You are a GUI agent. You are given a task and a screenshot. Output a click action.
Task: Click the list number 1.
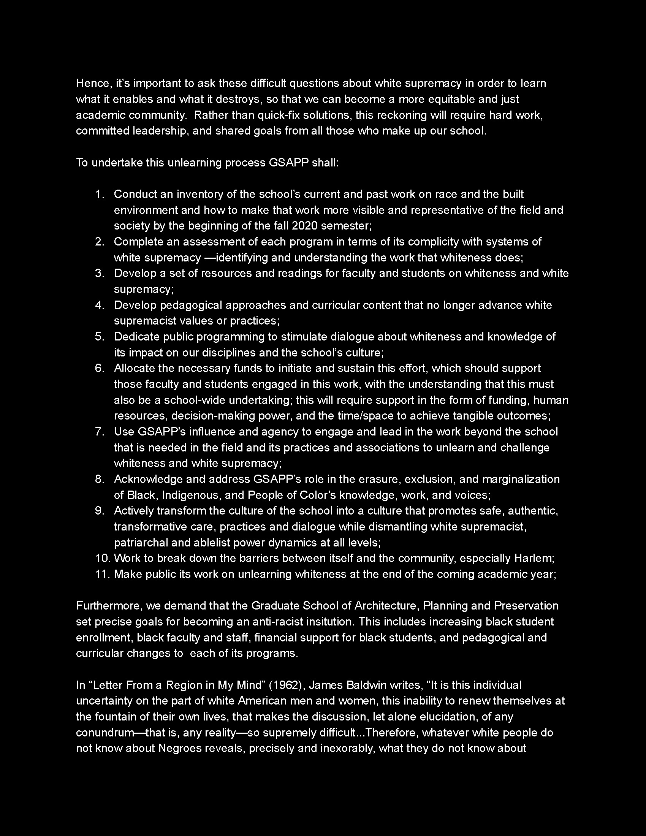[x=99, y=194]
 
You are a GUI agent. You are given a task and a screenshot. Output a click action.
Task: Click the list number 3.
[x=99, y=273]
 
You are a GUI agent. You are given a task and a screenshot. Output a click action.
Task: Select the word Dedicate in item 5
[x=137, y=336]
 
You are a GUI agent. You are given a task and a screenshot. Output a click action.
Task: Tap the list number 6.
[x=99, y=368]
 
